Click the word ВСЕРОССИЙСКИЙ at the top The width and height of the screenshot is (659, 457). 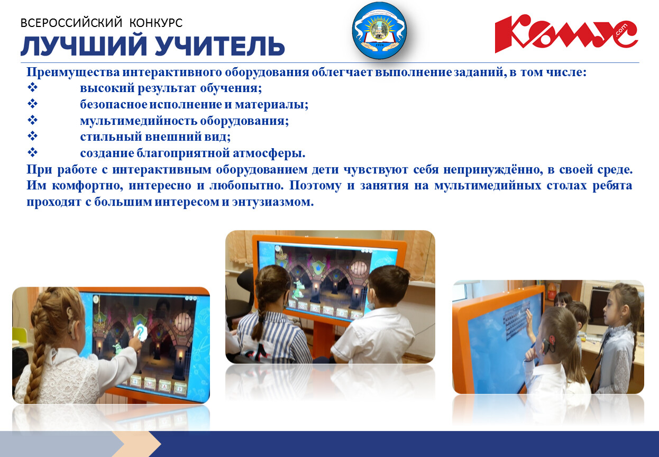coord(71,23)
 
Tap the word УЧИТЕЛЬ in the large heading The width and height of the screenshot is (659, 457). coord(220,46)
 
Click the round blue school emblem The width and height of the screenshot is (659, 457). coord(380,30)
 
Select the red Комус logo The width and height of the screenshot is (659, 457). coord(566,33)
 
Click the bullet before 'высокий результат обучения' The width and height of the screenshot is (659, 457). coord(32,87)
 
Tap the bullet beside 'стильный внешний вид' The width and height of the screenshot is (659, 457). coord(32,136)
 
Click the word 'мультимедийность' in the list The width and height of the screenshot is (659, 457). coord(139,121)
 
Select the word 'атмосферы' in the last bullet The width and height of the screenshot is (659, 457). coord(269,153)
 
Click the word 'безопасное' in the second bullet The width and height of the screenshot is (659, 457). coord(114,105)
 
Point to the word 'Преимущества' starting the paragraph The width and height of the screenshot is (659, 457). coord(74,72)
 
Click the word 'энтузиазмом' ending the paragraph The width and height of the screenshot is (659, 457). coord(273,202)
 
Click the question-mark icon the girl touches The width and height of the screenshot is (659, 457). coord(140,332)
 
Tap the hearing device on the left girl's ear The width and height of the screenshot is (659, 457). coord(71,322)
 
